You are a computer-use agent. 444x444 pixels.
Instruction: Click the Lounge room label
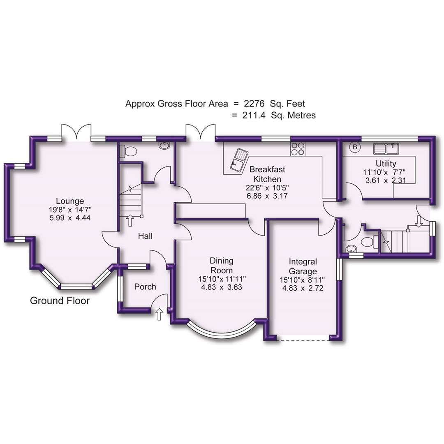coord(70,201)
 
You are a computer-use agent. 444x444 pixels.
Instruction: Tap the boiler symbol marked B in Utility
coord(355,147)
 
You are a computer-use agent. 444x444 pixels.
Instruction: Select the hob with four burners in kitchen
coord(298,148)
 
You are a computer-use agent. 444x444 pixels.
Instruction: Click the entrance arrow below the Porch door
coord(159,315)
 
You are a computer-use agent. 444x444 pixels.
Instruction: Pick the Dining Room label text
coord(222,265)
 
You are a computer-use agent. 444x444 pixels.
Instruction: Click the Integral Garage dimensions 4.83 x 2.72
coord(303,288)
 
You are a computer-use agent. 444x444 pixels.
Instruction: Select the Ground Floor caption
coord(60,301)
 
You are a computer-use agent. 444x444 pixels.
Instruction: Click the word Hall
coord(145,236)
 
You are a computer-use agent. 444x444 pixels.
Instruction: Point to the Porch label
coord(145,287)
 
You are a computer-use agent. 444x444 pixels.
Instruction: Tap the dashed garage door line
coord(303,340)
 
